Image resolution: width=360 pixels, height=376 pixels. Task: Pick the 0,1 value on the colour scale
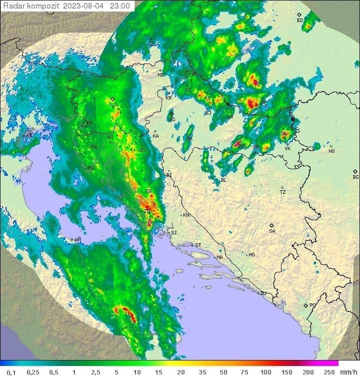pyautogui.click(x=11, y=372)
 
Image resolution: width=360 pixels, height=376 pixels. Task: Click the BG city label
pyautogui.click(x=355, y=177)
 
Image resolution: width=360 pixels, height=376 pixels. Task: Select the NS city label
pyautogui.click(x=331, y=151)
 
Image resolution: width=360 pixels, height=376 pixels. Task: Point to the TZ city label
pyautogui.click(x=283, y=192)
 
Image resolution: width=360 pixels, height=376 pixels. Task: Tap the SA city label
pyautogui.click(x=272, y=231)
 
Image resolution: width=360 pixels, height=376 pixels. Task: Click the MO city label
pyautogui.click(x=251, y=255)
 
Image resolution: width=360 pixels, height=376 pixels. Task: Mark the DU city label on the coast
pyautogui.click(x=262, y=293)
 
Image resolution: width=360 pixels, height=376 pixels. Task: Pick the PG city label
pyautogui.click(x=312, y=305)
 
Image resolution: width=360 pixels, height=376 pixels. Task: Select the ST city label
pyautogui.click(x=198, y=245)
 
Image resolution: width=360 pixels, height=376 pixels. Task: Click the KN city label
pyautogui.click(x=186, y=215)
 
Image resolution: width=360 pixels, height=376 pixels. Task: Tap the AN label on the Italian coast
pyautogui.click(x=77, y=240)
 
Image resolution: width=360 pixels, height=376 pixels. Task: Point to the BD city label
pyautogui.click(x=299, y=20)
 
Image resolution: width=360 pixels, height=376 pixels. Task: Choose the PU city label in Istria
pyautogui.click(x=91, y=168)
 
